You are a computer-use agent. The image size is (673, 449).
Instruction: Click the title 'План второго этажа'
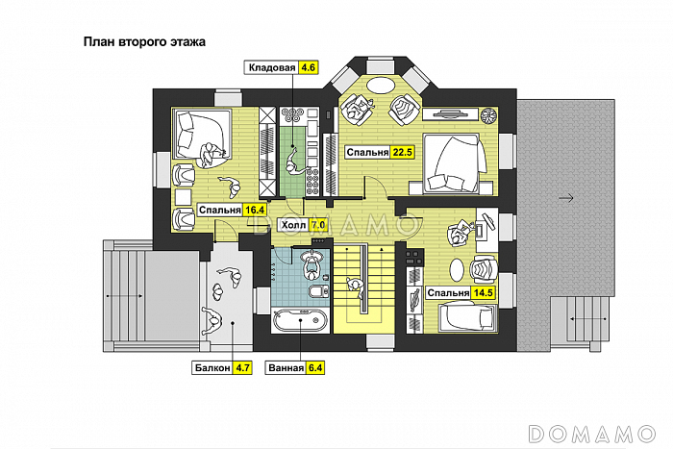point(144,42)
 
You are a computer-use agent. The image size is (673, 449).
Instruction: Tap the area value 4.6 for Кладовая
point(308,68)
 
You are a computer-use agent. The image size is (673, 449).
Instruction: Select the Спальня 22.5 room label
point(379,152)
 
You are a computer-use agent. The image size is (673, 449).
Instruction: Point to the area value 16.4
point(255,210)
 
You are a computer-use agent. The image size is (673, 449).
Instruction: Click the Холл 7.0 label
point(303,225)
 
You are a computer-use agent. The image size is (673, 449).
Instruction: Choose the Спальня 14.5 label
point(461,292)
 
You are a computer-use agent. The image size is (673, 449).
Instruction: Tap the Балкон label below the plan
point(212,368)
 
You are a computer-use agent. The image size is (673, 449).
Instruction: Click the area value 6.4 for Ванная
point(315,368)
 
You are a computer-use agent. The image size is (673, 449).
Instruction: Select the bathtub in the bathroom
point(300,320)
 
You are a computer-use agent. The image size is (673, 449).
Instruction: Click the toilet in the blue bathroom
point(318,291)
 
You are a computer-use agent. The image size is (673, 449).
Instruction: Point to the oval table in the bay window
point(381,84)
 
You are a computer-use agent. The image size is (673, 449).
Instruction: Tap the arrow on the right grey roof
point(566,198)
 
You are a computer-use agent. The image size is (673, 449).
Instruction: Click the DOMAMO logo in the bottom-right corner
point(591,434)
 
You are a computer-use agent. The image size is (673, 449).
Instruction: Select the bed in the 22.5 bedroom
point(454,163)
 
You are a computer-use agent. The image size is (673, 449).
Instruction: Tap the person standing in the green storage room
point(295,162)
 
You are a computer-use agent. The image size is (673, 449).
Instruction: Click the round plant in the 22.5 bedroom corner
point(488,115)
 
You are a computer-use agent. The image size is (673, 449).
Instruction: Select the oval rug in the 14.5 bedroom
point(457,270)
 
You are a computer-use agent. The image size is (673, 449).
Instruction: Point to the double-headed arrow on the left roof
point(125,296)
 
